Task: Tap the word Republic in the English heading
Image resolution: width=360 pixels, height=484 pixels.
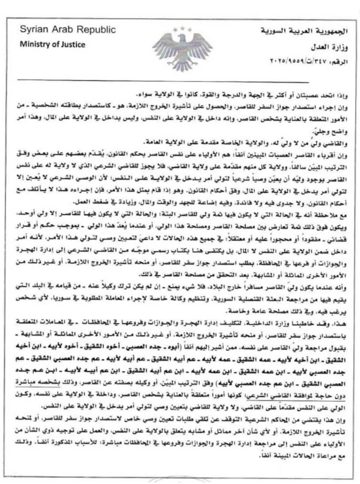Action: [77, 31]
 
